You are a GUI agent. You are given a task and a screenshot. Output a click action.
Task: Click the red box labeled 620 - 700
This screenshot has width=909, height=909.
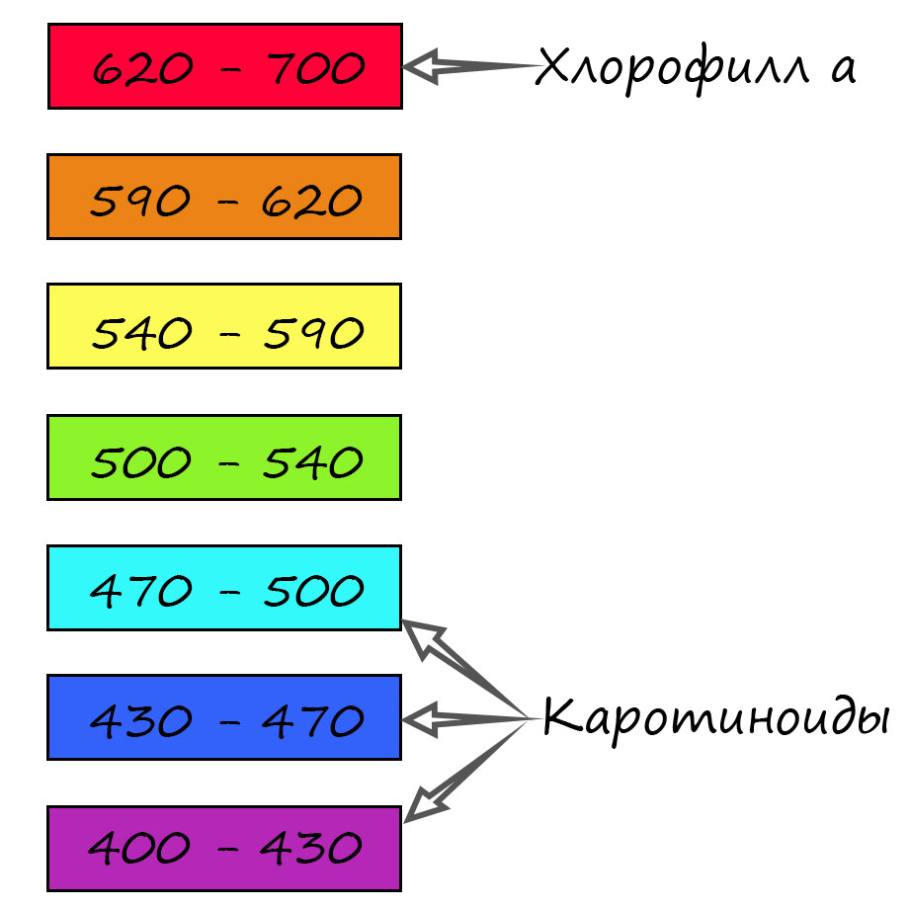click(x=224, y=66)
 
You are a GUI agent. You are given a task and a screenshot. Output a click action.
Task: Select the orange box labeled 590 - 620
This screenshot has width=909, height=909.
click(x=224, y=197)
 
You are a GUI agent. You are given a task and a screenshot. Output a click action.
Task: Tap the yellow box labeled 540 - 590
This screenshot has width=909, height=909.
click(x=224, y=326)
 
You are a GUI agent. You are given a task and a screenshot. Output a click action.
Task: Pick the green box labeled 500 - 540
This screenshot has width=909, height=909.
click(x=224, y=456)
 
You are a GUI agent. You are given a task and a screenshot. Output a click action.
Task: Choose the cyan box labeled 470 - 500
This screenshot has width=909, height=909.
click(x=224, y=587)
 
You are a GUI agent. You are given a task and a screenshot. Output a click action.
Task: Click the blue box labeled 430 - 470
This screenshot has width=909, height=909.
click(x=224, y=717)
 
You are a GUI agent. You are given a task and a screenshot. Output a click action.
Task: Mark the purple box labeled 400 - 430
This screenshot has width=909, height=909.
click(x=224, y=848)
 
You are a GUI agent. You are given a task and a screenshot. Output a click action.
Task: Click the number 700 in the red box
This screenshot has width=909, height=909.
click(x=314, y=68)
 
